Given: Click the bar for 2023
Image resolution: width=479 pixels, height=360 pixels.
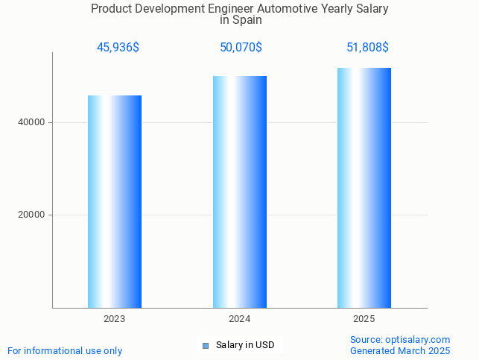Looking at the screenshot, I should pyautogui.click(x=115, y=201).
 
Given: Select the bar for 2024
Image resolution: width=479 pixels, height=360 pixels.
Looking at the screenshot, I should pyautogui.click(x=240, y=192).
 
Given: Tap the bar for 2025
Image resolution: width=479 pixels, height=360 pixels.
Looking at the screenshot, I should pyautogui.click(x=364, y=187).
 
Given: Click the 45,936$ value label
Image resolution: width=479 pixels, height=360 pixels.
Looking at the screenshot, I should pyautogui.click(x=118, y=48).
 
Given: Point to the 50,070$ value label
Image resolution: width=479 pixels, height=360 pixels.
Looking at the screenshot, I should pyautogui.click(x=241, y=48).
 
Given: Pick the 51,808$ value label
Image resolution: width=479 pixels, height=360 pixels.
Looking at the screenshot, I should pyautogui.click(x=367, y=48).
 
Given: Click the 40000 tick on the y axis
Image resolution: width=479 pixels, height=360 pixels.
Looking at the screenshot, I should pyautogui.click(x=32, y=122).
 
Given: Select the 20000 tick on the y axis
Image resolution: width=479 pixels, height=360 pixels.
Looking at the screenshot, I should pyautogui.click(x=32, y=215).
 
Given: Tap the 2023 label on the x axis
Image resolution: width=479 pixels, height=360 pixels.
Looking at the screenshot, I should pyautogui.click(x=115, y=319).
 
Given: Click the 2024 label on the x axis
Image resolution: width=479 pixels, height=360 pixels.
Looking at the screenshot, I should pyautogui.click(x=240, y=319).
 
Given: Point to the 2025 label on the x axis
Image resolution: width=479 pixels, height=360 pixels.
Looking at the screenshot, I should pyautogui.click(x=364, y=319).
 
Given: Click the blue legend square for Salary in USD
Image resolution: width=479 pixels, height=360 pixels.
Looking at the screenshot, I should pyautogui.click(x=206, y=346).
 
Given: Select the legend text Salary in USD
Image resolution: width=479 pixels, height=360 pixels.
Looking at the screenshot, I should pyautogui.click(x=245, y=345).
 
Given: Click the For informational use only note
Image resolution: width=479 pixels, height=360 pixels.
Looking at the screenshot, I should pyautogui.click(x=65, y=351).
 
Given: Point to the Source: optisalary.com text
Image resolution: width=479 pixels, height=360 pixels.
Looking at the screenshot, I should pyautogui.click(x=400, y=340).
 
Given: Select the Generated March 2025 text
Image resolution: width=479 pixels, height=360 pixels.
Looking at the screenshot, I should pyautogui.click(x=400, y=351).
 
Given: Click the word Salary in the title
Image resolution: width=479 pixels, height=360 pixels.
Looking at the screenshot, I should pyautogui.click(x=371, y=9).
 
